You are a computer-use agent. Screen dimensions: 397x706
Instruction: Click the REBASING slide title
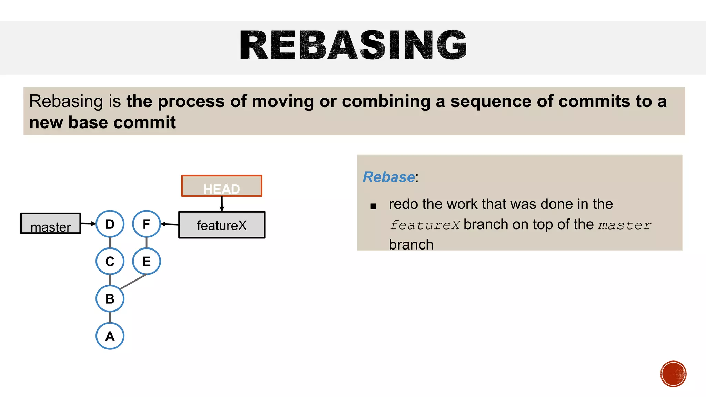click(353, 45)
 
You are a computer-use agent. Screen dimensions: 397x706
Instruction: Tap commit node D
click(110, 224)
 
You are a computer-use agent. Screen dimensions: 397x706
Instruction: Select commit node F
click(147, 224)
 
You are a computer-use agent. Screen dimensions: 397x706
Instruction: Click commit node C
click(110, 261)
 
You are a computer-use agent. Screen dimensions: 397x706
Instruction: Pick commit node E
click(147, 261)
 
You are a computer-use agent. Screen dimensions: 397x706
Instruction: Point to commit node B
click(110, 298)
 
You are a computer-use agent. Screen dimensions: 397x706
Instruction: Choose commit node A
click(110, 336)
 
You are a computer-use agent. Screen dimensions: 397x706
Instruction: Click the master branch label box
click(50, 223)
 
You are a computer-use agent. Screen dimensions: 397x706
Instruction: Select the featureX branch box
click(222, 225)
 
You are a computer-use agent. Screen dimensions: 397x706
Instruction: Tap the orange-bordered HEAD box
click(221, 186)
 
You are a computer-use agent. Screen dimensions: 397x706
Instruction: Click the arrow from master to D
click(88, 224)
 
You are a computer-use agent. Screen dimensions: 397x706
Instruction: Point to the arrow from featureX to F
click(170, 224)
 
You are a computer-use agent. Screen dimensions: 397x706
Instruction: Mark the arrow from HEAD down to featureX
click(222, 204)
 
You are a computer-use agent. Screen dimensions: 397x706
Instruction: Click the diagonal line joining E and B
click(133, 282)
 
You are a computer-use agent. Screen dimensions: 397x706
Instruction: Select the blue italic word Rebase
click(389, 177)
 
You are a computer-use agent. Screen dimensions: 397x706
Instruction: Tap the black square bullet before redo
click(373, 206)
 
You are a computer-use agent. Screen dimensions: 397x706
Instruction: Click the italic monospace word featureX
click(424, 225)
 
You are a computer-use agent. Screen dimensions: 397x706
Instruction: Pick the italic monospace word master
click(624, 225)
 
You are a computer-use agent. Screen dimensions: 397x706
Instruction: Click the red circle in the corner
click(673, 374)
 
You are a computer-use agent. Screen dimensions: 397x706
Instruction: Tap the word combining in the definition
click(386, 101)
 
